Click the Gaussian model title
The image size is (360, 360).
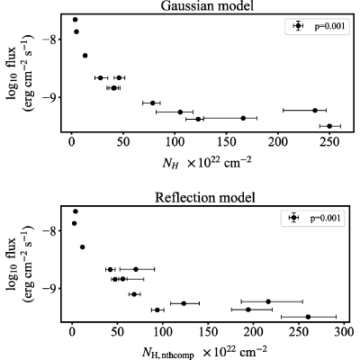(207, 6)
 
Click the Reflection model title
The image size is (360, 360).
(205, 198)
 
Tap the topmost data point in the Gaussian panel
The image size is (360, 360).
(75, 20)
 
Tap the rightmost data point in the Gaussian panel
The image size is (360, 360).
(329, 126)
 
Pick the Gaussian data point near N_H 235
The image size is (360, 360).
(315, 111)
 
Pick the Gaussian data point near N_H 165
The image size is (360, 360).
(243, 118)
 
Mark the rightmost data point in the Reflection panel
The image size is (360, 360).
(308, 317)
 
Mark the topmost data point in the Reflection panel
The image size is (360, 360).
(76, 211)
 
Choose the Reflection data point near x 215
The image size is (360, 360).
(268, 301)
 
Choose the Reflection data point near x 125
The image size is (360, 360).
(184, 303)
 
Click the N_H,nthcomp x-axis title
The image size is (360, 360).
(204, 353)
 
